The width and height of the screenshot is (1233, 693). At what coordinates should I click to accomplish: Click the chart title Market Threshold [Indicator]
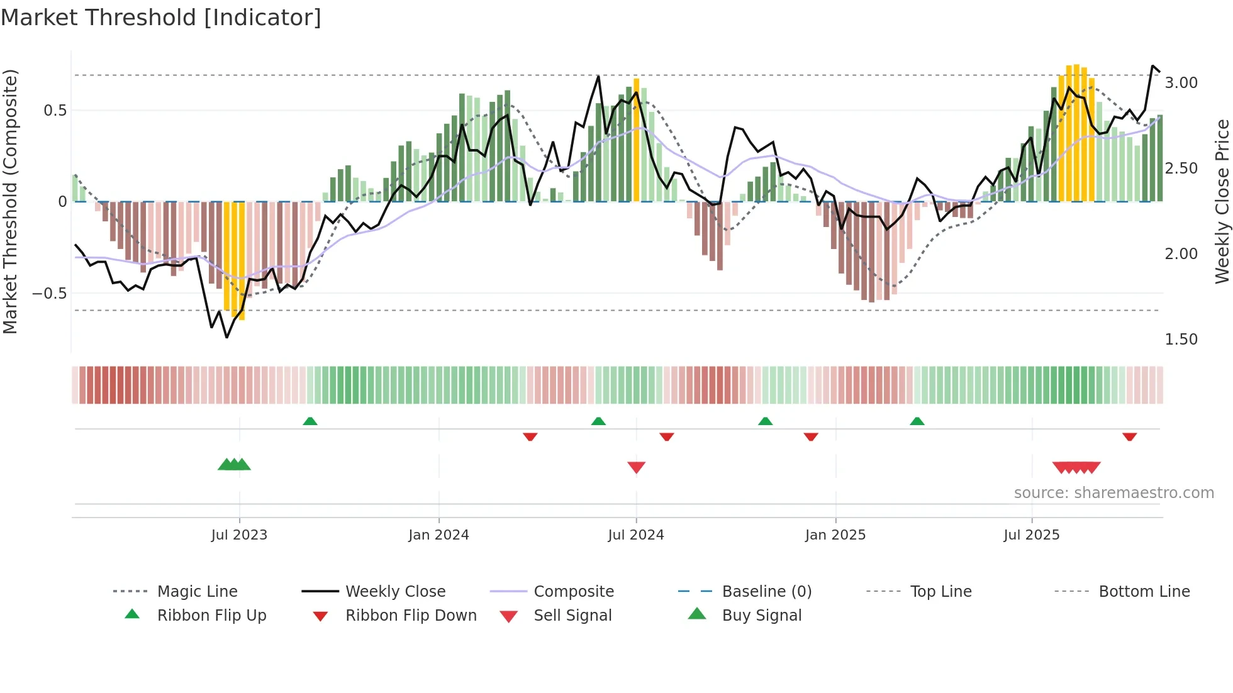pos(161,18)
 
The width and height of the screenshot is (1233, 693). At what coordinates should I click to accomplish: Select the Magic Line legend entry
pos(197,592)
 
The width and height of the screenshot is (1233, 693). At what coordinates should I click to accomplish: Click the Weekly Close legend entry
pos(395,592)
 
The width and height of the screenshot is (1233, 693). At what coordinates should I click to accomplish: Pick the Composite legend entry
pos(573,592)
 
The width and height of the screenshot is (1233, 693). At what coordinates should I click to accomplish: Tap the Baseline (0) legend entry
pos(766,592)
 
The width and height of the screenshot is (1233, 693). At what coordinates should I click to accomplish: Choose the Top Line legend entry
pos(940,592)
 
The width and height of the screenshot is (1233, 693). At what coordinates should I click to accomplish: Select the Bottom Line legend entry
pos(1144,592)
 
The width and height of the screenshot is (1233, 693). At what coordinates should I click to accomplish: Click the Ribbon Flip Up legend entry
pos(211,616)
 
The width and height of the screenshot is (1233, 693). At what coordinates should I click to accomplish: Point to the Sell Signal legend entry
pos(572,616)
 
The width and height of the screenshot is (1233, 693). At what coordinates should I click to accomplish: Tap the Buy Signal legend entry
pos(761,616)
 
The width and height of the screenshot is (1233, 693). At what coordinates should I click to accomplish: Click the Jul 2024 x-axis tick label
pos(635,535)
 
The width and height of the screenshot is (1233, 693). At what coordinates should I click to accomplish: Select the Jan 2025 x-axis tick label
pos(835,535)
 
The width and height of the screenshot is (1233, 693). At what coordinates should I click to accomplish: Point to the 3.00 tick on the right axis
pos(1181,83)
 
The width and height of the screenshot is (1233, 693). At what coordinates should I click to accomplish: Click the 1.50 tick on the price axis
pos(1181,340)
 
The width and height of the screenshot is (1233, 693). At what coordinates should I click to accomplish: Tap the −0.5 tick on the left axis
pos(49,294)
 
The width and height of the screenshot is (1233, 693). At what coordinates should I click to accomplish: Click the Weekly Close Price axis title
pos(1222,201)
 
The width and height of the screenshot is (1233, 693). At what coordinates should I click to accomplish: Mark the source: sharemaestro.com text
pos(1113,493)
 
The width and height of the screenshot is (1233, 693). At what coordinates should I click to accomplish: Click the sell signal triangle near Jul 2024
pos(636,467)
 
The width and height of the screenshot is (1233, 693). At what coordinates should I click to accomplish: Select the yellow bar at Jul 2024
pos(636,140)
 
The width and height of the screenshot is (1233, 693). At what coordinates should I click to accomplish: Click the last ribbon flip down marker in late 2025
pos(1129,436)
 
